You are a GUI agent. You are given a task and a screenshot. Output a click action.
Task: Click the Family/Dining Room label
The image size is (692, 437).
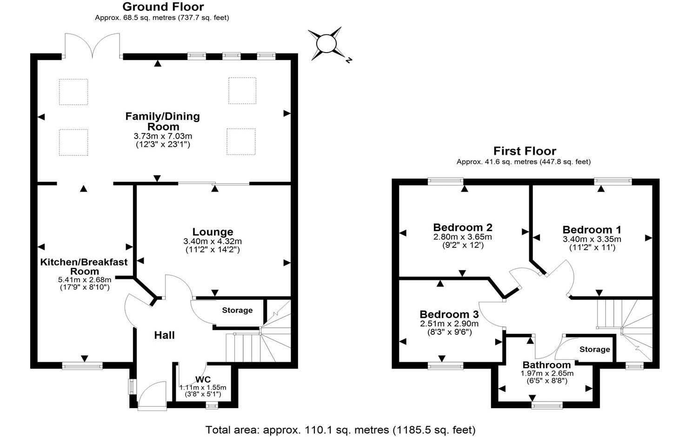[x=162, y=121]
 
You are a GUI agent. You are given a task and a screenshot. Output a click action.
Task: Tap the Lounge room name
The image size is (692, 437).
[x=213, y=232]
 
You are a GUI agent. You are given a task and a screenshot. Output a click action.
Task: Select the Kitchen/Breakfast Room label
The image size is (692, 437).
[x=84, y=266]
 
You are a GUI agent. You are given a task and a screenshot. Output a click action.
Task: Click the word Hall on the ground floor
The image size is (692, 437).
[x=164, y=335]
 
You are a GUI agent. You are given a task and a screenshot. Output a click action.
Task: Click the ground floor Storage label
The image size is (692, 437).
[x=237, y=310]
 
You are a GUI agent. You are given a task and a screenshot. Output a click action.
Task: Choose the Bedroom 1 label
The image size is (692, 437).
[x=592, y=229]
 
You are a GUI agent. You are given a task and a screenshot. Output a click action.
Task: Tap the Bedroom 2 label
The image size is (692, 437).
[x=462, y=227]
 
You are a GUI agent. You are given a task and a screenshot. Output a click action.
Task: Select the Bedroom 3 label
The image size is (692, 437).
[x=449, y=314]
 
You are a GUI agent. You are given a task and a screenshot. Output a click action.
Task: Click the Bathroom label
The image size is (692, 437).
[x=546, y=365]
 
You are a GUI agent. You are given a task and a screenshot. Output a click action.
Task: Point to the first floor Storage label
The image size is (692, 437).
[x=595, y=349]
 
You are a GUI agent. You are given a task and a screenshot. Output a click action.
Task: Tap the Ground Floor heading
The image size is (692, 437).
[x=163, y=7]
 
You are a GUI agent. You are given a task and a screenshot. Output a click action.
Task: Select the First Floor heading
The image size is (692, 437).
[x=524, y=151]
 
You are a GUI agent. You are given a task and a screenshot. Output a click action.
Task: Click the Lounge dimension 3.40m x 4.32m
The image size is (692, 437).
[x=213, y=241]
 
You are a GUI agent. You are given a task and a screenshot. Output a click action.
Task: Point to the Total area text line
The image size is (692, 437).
[x=340, y=430]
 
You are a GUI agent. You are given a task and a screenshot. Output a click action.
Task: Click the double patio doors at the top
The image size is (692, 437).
[x=92, y=46]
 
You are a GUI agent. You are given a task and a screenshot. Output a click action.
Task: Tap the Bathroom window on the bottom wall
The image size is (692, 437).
[x=547, y=405]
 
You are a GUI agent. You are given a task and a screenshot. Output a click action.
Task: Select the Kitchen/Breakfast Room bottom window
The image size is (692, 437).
[x=82, y=366]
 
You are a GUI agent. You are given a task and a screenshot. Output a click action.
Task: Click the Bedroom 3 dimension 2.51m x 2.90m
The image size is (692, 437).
[x=449, y=324]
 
